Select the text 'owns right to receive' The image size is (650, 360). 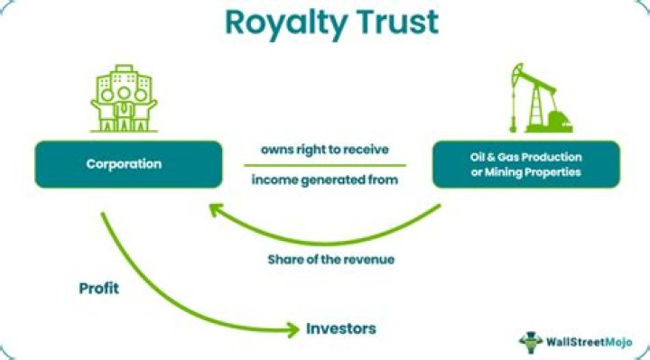pyautogui.click(x=325, y=150)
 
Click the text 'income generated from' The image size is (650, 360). pyautogui.click(x=325, y=180)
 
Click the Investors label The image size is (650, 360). pyautogui.click(x=339, y=328)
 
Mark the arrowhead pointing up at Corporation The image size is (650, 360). pyautogui.click(x=215, y=210)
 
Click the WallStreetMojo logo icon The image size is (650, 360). pyautogui.click(x=531, y=341)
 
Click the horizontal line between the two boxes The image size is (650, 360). pyautogui.click(x=325, y=165)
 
